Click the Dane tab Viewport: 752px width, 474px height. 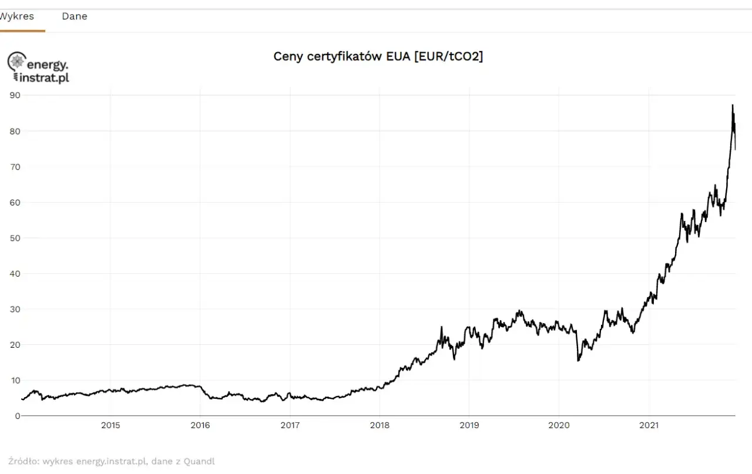click(75, 16)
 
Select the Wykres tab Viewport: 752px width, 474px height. click(16, 16)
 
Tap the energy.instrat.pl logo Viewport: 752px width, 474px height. click(38, 68)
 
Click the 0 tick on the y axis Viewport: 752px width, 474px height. click(18, 416)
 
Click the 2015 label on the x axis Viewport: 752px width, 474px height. click(110, 425)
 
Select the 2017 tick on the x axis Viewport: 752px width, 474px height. click(290, 425)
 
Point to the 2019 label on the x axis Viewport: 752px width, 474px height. click(469, 425)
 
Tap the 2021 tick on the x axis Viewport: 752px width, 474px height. click(649, 425)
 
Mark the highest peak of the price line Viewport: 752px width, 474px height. click(732, 106)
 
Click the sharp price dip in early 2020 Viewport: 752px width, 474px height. click(578, 360)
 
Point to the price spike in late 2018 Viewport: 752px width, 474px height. click(441, 328)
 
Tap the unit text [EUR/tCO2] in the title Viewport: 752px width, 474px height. click(448, 56)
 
